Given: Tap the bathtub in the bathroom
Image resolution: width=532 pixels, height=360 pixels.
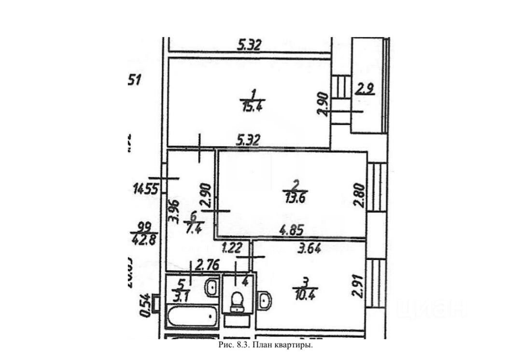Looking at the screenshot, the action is click(193, 318).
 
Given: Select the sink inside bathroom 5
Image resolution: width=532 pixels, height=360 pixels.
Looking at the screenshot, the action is click(211, 289).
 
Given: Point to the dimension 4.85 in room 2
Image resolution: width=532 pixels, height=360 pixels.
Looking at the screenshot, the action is click(293, 232).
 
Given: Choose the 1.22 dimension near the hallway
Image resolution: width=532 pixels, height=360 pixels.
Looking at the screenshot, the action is click(232, 249).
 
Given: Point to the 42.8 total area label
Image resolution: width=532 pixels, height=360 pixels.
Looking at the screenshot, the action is click(142, 239).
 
